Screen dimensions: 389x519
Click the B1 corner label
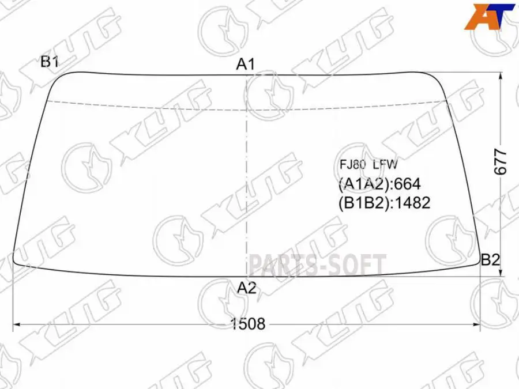(x=50, y=62)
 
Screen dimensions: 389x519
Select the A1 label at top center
(x=246, y=65)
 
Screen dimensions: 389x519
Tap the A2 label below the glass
(x=246, y=288)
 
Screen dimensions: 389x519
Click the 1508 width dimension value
(x=248, y=324)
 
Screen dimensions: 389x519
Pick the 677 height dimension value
(x=501, y=162)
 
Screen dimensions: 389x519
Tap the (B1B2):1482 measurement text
(x=384, y=202)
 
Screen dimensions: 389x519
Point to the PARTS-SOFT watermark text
(x=317, y=265)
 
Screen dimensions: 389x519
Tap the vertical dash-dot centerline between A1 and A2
(x=246, y=173)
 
